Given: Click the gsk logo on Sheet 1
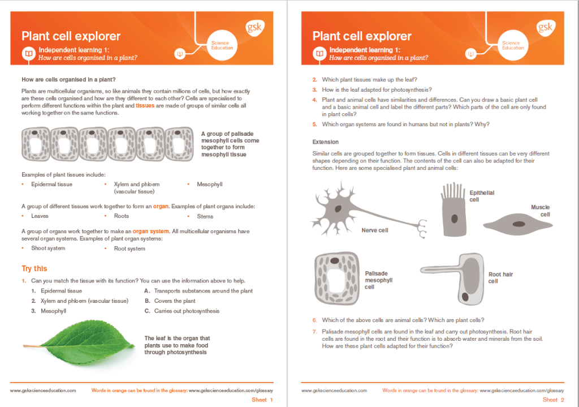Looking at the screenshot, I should pos(254,28).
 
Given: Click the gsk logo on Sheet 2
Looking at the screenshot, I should pos(546,28).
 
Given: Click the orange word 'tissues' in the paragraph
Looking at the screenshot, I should pos(145,105).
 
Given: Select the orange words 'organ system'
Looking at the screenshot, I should pos(151,231).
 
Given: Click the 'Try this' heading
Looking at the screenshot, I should pos(34,268).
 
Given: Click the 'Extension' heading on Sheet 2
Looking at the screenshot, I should pos(326,142).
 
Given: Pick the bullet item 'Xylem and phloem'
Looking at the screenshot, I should pos(137,185).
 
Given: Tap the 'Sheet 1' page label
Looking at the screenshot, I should pos(262,400).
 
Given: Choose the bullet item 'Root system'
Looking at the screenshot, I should pos(129,249).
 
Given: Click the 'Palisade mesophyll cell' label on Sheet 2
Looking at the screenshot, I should pos(379,280).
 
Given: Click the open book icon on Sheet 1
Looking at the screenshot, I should pos(28,54).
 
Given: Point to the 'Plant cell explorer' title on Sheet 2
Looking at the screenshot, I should pos(362,36).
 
